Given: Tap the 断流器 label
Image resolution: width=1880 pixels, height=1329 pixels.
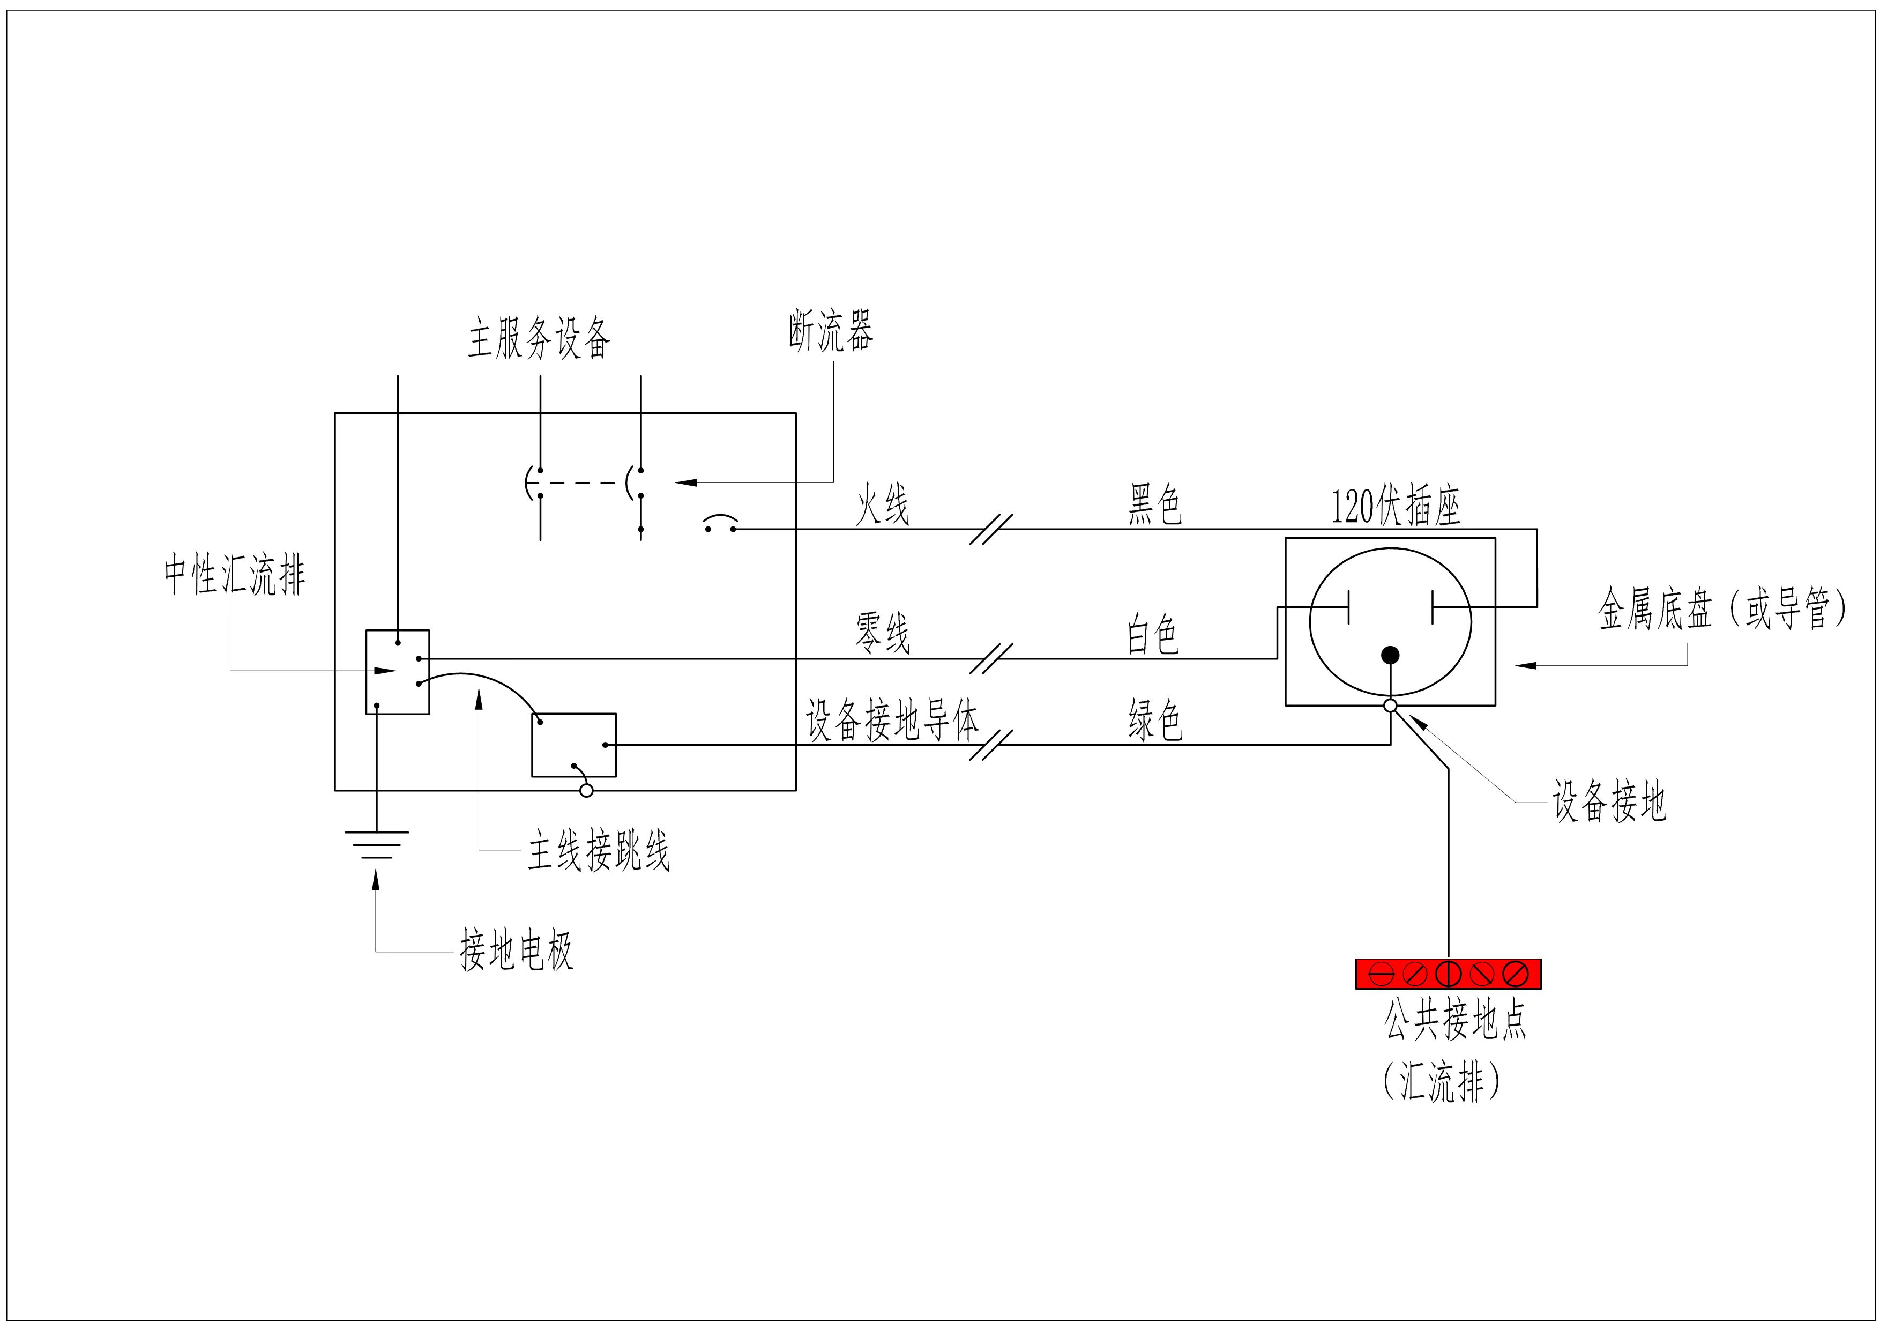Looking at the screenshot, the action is [x=831, y=332].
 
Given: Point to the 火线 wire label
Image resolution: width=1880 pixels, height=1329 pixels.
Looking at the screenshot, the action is [x=882, y=504].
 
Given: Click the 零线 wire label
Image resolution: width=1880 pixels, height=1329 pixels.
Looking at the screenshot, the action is [x=882, y=634].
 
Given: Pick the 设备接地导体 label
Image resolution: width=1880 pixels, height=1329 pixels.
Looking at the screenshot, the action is [x=892, y=721].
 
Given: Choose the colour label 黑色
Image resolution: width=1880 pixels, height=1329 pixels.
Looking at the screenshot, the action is [x=1154, y=504].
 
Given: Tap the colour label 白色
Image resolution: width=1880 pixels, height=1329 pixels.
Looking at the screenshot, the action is [x=1153, y=635].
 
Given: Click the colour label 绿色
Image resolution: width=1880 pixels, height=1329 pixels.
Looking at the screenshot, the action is [x=1154, y=721].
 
